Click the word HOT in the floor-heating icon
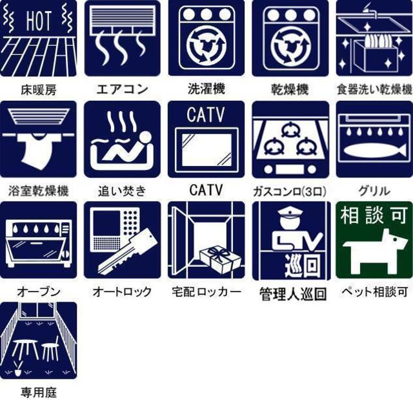[38, 21]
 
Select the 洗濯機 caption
[206, 89]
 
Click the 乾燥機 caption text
[289, 89]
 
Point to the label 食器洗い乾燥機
[374, 89]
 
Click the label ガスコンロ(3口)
[289, 191]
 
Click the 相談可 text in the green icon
[374, 216]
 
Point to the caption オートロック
[122, 292]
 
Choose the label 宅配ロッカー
[206, 292]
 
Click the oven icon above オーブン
[38, 241]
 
